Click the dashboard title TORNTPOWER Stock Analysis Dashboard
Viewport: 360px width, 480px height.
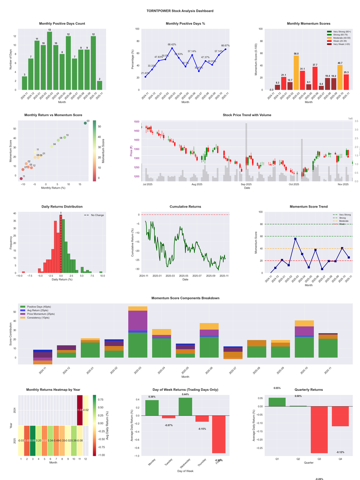(x=180, y=10)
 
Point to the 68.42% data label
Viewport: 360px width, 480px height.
(x=172, y=45)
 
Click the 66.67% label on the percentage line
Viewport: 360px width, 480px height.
(x=225, y=45)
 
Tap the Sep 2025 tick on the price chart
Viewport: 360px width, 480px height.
(x=246, y=184)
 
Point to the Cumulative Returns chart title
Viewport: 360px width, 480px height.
(x=185, y=207)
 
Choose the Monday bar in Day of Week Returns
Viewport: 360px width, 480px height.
(x=152, y=408)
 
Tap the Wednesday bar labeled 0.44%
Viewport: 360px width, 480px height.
(x=185, y=406)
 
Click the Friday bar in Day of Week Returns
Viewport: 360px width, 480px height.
(x=219, y=434)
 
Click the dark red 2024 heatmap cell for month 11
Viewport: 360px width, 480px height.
(x=80, y=410)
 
